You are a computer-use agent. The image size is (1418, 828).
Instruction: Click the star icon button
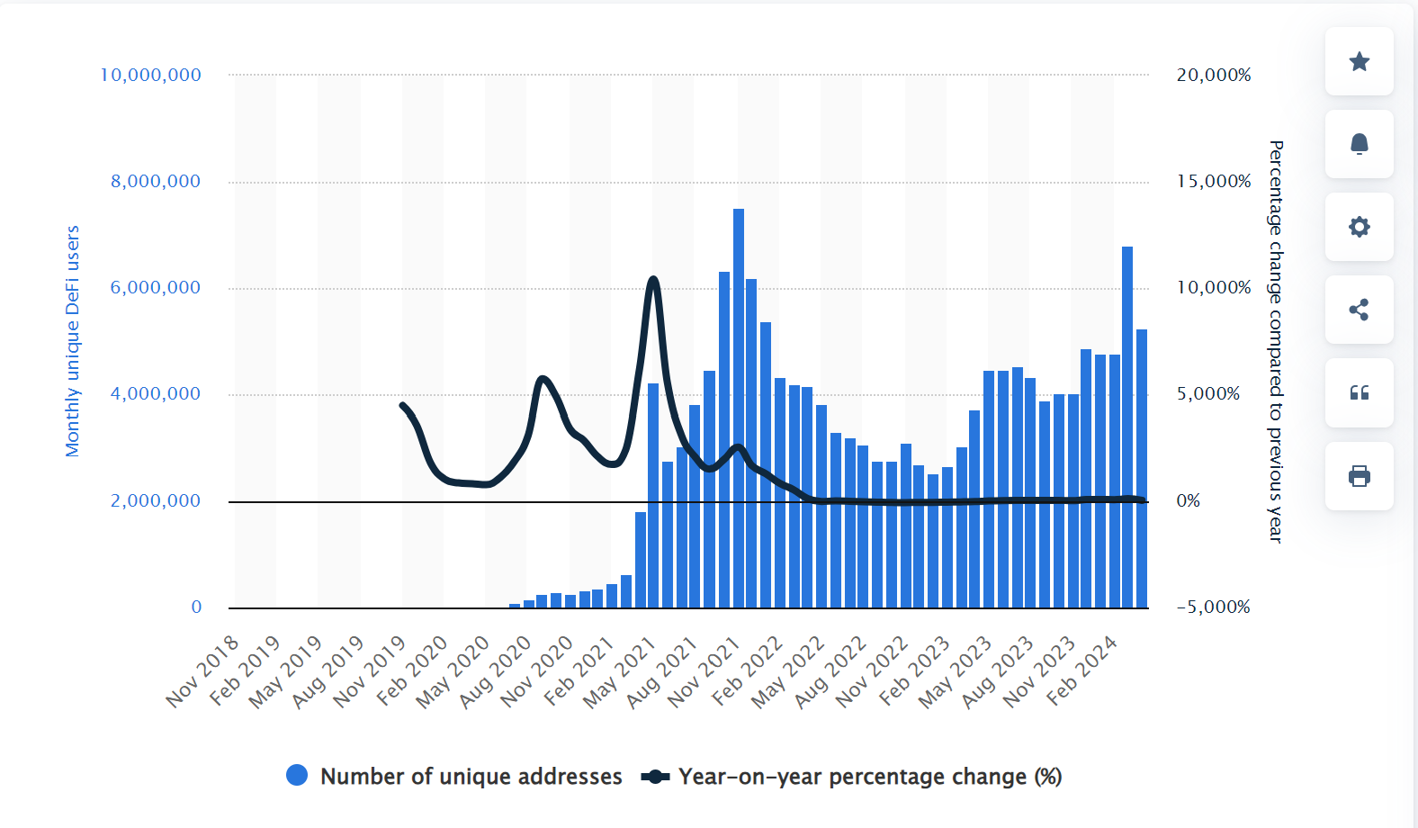pos(1359,61)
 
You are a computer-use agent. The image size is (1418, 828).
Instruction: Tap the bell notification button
pos(1359,144)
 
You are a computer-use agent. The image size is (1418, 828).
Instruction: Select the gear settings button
pos(1359,227)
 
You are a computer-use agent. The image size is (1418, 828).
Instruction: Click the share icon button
pos(1359,310)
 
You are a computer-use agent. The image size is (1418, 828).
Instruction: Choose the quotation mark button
pos(1359,392)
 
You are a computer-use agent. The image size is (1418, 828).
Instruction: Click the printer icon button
pos(1359,476)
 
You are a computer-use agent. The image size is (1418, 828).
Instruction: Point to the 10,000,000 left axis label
pos(150,76)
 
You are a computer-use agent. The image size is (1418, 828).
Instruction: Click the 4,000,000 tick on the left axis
pos(156,394)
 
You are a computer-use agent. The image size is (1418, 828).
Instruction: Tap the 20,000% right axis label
pos(1213,76)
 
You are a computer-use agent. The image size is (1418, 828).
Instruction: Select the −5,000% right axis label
pos(1213,607)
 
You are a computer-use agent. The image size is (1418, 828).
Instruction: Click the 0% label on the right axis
pos(1188,501)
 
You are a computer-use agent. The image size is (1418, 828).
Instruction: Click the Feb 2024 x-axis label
pos(1082,670)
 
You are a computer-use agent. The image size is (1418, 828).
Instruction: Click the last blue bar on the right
pos(1142,468)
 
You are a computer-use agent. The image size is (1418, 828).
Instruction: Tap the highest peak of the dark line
pos(653,281)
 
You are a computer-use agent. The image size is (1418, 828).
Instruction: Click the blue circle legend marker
pos(297,776)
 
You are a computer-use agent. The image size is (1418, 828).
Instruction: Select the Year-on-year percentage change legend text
pos(869,777)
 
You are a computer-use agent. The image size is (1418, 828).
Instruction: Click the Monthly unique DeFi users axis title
pos(73,341)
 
